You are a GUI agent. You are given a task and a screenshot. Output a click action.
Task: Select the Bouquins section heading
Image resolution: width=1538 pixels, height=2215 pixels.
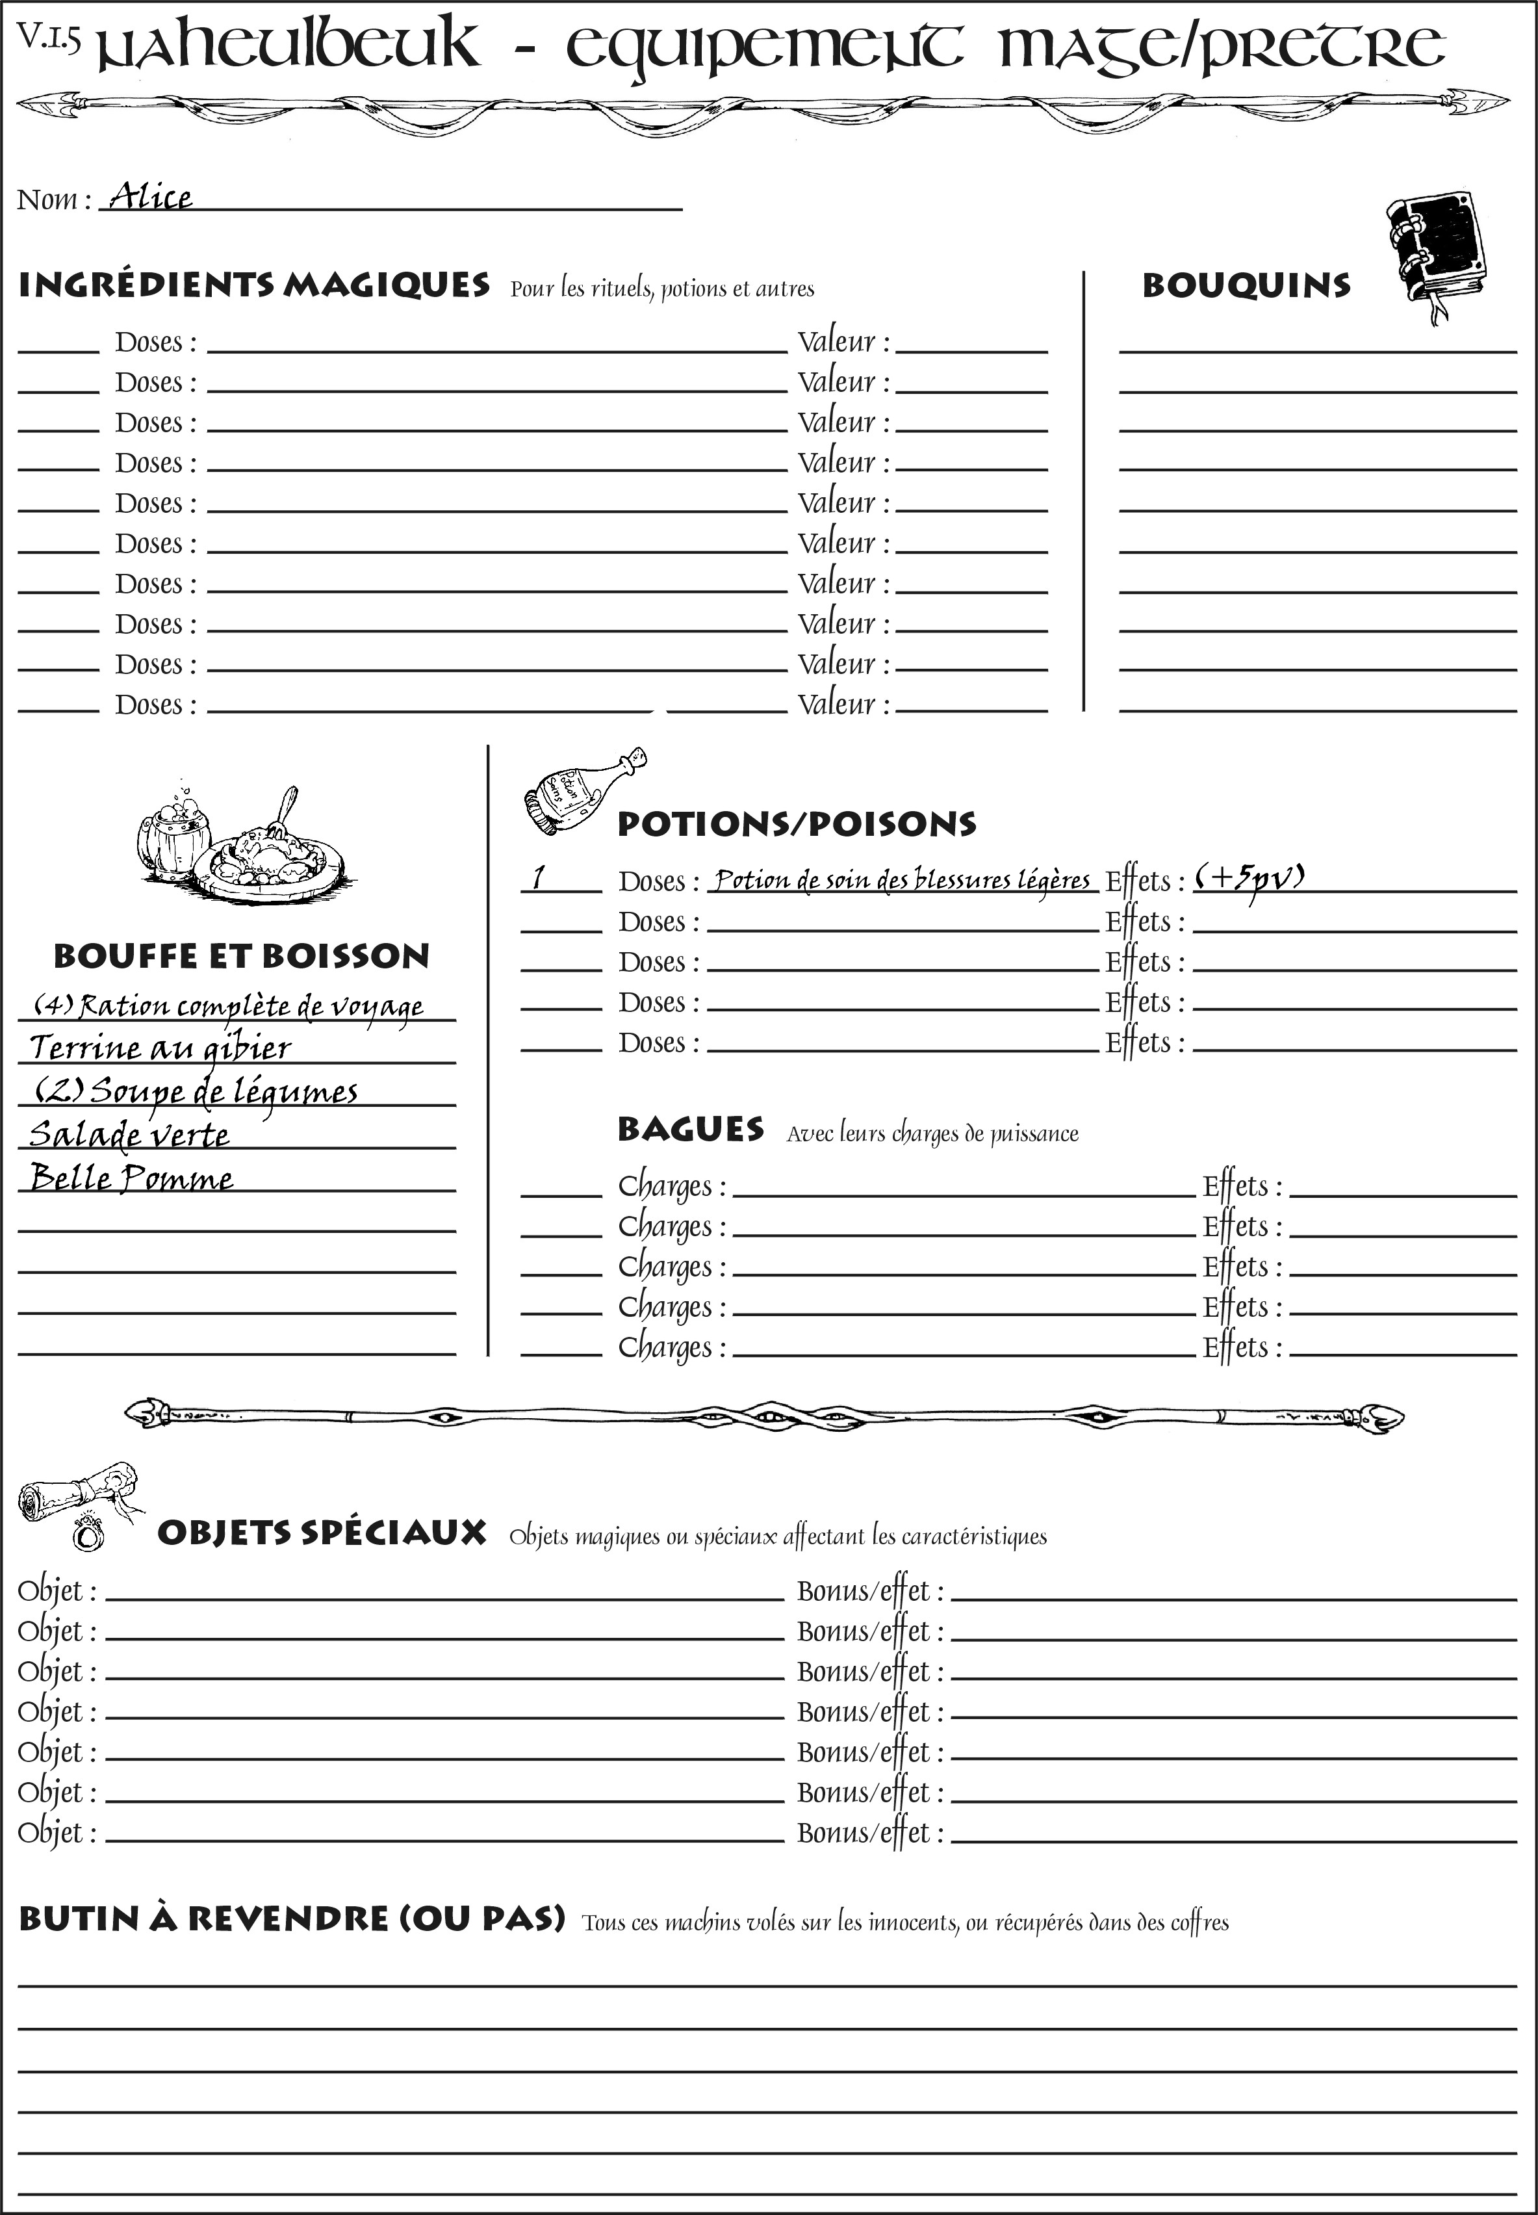coord(1246,286)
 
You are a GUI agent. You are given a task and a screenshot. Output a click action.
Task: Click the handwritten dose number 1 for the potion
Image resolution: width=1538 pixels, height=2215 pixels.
coord(539,877)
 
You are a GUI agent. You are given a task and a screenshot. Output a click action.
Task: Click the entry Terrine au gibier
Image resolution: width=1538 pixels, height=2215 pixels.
coord(160,1048)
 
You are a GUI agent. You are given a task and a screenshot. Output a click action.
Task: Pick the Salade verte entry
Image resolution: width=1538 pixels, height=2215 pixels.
coord(130,1135)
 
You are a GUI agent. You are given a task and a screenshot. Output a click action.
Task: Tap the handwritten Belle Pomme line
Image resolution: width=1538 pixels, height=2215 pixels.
coord(132,1178)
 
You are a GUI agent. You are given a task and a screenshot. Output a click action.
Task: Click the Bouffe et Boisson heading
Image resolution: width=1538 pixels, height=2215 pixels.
coord(241,956)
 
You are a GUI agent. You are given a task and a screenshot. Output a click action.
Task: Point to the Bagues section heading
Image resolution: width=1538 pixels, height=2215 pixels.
coord(690,1129)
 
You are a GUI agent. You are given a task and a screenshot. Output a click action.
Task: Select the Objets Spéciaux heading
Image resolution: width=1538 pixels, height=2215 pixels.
coord(322,1533)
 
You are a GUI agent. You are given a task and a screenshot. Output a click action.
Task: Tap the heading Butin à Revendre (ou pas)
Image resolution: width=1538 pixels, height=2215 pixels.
coord(292,1918)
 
